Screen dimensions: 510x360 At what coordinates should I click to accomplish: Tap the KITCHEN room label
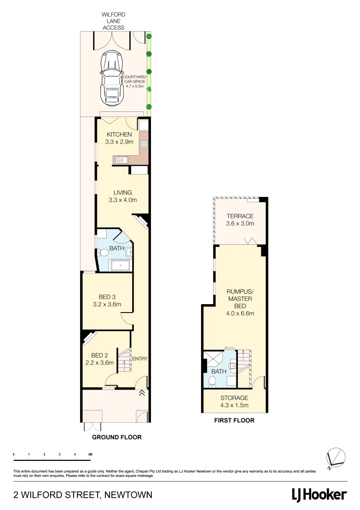(x=119, y=135)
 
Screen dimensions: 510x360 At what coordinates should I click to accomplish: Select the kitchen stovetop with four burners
(x=144, y=145)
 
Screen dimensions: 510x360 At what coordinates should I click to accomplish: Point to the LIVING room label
(x=122, y=193)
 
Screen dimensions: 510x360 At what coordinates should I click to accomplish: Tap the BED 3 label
(x=107, y=297)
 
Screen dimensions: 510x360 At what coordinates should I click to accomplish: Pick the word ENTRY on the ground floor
(x=140, y=359)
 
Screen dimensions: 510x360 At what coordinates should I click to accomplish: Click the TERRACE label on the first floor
(x=240, y=216)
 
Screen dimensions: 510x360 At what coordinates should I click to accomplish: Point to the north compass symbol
(x=336, y=457)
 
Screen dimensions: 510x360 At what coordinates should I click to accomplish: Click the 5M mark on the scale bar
(x=90, y=454)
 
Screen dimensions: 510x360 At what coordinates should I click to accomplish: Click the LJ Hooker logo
(x=319, y=495)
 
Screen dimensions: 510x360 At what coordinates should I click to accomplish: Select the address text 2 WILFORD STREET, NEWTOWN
(x=83, y=495)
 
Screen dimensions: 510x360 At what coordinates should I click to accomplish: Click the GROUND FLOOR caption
(x=117, y=437)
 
